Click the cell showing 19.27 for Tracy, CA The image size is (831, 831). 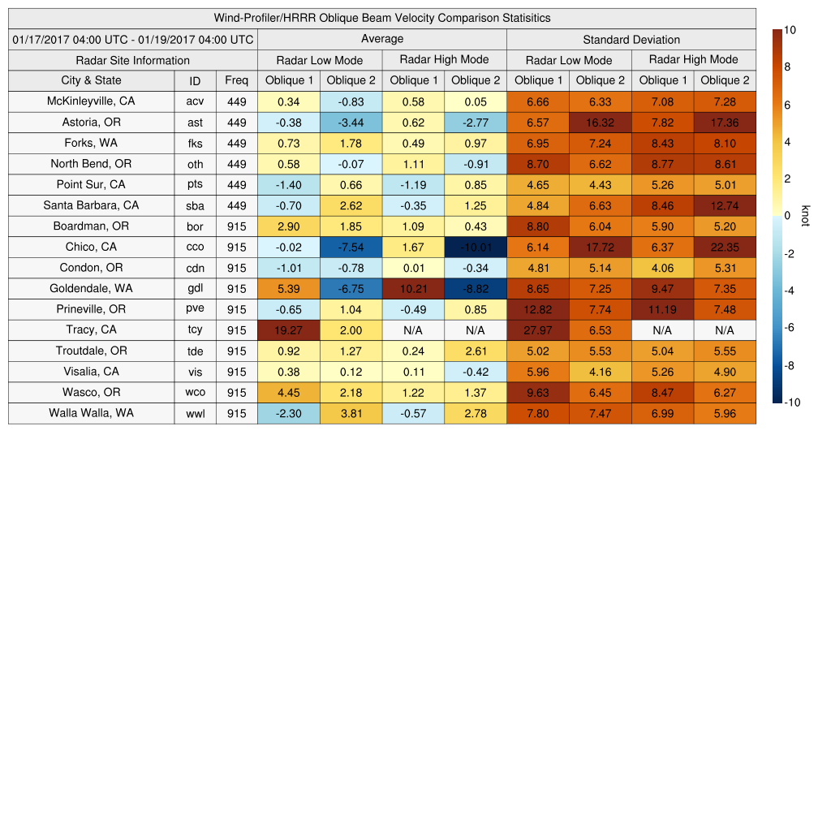coord(288,329)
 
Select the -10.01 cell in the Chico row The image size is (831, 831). coord(476,247)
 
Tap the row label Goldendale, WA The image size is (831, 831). coord(91,288)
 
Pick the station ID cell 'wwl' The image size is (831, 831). coord(195,413)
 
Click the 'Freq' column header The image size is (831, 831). coord(237,80)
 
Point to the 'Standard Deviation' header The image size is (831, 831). coord(631,40)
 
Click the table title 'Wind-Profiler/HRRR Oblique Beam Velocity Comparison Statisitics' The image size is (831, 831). coord(382,18)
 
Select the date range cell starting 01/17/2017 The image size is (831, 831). coord(133,40)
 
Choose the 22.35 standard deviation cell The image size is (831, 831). coord(725,247)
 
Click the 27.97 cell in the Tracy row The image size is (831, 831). coord(537,329)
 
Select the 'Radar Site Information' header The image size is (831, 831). coord(133,60)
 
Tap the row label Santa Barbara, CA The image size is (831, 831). coord(91,205)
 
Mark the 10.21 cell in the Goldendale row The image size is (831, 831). coord(413,288)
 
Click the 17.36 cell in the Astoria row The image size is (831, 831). coord(725,123)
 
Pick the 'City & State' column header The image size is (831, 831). coord(91,80)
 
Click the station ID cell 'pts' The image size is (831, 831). coord(195,184)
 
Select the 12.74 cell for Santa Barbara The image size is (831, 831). coord(725,205)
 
